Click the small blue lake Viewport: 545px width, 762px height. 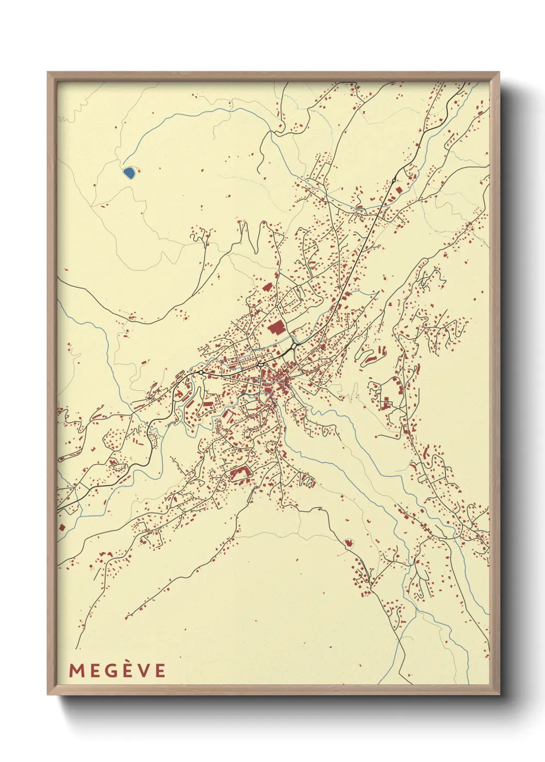[x=129, y=172]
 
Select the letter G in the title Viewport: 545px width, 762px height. [x=110, y=670]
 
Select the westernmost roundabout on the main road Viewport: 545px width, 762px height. [x=201, y=372]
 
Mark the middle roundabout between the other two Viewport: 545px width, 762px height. [x=261, y=365]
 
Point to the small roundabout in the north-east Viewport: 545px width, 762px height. [x=394, y=181]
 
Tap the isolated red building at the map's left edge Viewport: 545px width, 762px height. [x=62, y=527]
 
